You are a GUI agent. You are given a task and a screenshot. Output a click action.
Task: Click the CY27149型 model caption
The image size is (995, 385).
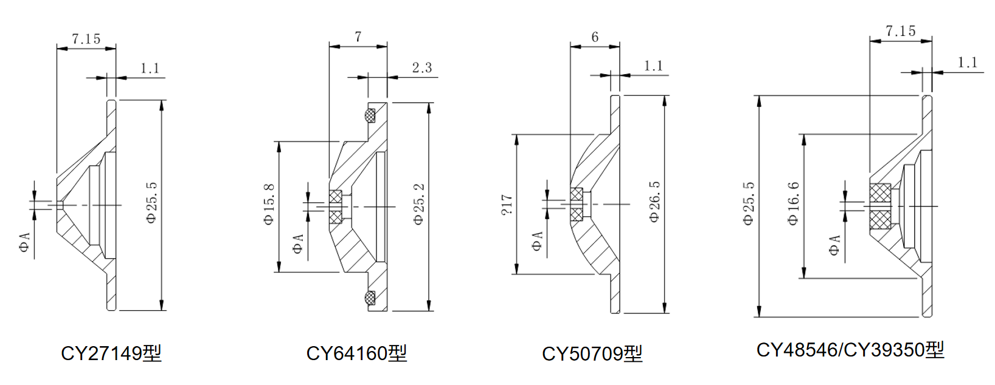coord(111,353)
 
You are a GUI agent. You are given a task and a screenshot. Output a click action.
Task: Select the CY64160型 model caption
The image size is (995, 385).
coord(356,353)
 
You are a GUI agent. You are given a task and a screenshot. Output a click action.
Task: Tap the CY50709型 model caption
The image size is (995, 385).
coord(592,353)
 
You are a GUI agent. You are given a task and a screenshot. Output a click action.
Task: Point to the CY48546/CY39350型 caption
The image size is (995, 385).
coord(850,350)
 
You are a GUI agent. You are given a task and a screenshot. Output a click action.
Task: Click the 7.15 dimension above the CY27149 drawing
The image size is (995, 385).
coord(86,39)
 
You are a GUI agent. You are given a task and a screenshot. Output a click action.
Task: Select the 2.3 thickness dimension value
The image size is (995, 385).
coord(421,67)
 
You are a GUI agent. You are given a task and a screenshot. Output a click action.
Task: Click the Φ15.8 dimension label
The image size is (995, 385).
coord(269,205)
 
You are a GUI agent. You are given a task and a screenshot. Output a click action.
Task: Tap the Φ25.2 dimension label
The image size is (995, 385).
coord(419,205)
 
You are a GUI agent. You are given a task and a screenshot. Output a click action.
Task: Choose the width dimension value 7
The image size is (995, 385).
coord(358,37)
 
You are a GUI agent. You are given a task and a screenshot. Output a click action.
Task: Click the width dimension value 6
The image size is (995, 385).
coord(595,37)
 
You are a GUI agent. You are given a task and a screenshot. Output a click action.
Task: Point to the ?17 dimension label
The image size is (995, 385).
coord(507,204)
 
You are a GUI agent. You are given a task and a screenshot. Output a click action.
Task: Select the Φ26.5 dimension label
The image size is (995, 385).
coord(654,202)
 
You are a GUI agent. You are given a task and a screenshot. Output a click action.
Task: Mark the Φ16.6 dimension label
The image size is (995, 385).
coord(794,203)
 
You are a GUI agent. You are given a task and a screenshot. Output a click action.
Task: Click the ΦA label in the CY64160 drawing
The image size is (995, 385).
coord(297,244)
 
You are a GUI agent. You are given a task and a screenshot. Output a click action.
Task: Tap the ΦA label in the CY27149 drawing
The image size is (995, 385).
coord(24,242)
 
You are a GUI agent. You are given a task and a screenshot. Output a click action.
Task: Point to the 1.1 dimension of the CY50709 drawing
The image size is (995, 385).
coord(653,66)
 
